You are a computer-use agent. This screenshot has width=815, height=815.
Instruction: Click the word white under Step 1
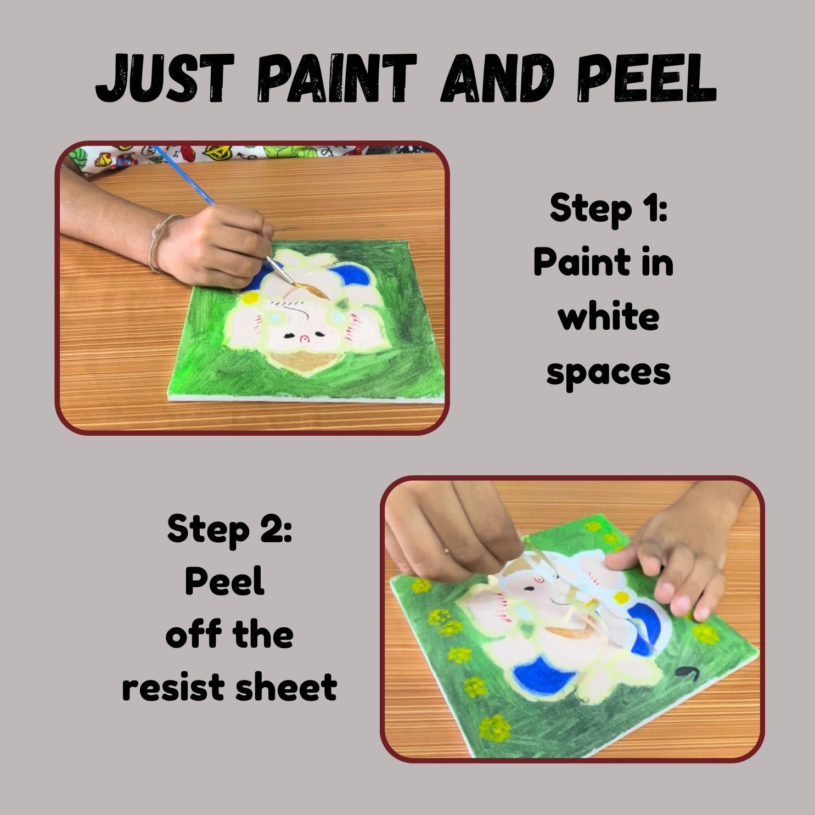(608, 318)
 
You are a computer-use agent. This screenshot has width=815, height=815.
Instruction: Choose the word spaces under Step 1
(608, 373)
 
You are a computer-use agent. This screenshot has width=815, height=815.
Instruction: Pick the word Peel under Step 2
(225, 581)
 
